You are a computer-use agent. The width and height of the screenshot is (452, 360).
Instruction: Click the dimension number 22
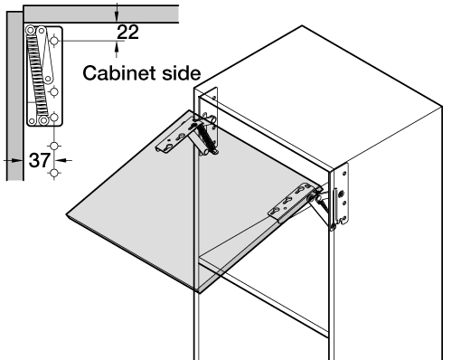tap(127, 33)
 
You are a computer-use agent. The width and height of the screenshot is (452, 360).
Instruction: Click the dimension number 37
tap(40, 160)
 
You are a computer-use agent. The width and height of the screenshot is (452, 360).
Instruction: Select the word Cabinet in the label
tap(120, 73)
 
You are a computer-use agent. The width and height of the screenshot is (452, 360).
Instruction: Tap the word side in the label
tap(182, 73)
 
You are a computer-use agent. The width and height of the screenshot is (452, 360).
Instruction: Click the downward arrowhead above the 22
tap(117, 16)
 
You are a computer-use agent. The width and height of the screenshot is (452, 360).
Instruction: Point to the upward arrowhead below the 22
tap(117, 47)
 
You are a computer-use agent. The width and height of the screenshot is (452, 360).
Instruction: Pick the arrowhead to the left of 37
tap(17, 160)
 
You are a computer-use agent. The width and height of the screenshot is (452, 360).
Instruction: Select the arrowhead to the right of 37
tap(61, 160)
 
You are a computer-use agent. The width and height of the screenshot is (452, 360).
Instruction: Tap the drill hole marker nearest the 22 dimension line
tap(54, 41)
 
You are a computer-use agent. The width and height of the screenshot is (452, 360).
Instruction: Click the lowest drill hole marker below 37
tap(54, 174)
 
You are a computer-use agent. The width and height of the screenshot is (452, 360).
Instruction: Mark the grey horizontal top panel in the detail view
tap(101, 14)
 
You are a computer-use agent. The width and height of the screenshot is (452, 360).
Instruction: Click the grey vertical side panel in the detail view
tap(14, 96)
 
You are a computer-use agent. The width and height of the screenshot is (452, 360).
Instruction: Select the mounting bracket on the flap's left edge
tap(174, 137)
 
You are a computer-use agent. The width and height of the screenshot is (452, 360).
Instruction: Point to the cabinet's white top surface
tap(319, 97)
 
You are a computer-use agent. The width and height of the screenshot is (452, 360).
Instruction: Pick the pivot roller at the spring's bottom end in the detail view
tap(44, 120)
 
